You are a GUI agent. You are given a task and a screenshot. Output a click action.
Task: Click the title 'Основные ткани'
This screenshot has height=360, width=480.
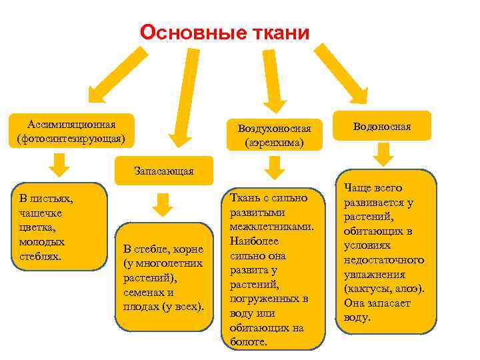(x=225, y=32)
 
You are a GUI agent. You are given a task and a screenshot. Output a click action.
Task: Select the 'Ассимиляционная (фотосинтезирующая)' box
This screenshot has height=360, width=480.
(x=71, y=131)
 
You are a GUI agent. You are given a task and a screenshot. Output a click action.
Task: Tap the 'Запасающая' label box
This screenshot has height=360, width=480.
(x=163, y=171)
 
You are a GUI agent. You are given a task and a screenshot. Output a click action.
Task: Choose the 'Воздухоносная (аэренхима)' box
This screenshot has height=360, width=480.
(x=274, y=134)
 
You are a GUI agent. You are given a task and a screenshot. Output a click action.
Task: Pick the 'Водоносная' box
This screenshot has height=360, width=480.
(x=382, y=126)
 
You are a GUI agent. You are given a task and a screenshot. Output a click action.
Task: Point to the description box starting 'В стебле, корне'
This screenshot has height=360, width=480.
(x=163, y=279)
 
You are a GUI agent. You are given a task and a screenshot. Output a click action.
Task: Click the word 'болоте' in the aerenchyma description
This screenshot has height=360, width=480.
(x=247, y=342)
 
